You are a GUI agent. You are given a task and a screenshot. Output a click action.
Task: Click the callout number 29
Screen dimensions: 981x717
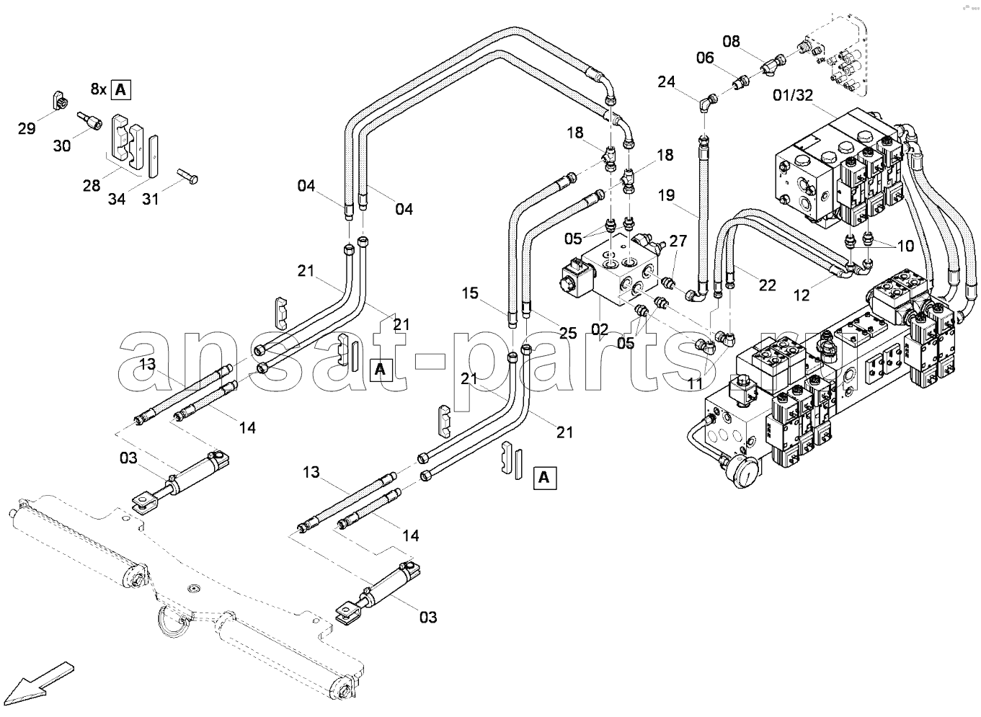(26, 128)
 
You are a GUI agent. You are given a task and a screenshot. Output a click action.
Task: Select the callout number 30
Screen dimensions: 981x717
(62, 146)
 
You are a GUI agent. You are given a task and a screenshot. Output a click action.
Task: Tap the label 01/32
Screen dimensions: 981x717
(793, 95)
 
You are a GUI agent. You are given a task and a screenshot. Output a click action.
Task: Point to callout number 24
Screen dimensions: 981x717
(666, 81)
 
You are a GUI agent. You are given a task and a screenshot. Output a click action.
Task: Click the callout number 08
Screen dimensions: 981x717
(731, 41)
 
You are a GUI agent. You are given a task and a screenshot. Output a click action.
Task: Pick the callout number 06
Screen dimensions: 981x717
(705, 58)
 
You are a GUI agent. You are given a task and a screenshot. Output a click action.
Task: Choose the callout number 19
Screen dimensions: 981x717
(666, 195)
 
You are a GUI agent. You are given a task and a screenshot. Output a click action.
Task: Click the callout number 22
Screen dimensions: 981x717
(767, 285)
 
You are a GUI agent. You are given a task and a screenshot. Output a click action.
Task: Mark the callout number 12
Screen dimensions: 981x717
(802, 295)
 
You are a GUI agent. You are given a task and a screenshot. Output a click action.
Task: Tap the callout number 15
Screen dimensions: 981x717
(470, 293)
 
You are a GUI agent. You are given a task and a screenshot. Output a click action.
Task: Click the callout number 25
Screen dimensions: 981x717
(568, 333)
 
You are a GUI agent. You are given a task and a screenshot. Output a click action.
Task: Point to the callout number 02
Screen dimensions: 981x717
(600, 329)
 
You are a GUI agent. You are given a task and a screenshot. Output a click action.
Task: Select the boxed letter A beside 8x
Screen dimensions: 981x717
(120, 90)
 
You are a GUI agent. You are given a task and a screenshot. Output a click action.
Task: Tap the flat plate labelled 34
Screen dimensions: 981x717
(153, 156)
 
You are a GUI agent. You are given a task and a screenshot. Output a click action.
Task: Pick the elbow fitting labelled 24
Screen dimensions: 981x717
(706, 103)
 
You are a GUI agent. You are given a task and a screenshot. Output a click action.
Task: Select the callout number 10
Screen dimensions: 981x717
(905, 246)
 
